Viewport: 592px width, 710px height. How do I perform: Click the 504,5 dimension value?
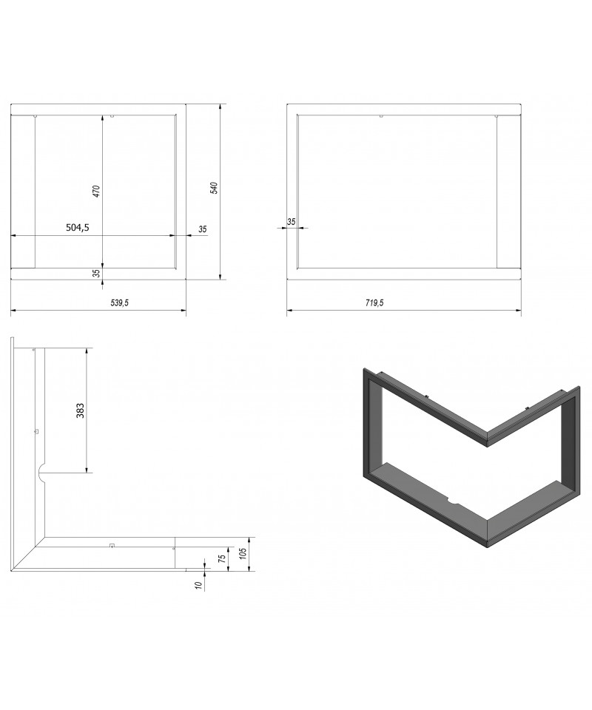pyautogui.click(x=78, y=228)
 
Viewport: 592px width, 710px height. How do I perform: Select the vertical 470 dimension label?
pyautogui.click(x=96, y=191)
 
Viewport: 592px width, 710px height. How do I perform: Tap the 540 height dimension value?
pyautogui.click(x=215, y=188)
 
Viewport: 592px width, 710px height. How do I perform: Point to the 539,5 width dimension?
pyautogui.click(x=120, y=303)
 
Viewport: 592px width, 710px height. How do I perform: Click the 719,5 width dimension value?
pyautogui.click(x=374, y=303)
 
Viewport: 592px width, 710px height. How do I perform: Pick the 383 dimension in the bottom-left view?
pyautogui.click(x=80, y=410)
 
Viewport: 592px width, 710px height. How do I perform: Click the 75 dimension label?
pyautogui.click(x=223, y=558)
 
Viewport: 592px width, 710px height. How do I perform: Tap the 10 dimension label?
pyautogui.click(x=198, y=586)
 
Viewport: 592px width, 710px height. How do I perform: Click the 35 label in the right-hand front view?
pyautogui.click(x=292, y=222)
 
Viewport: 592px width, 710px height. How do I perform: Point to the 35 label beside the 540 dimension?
pyautogui.click(x=203, y=229)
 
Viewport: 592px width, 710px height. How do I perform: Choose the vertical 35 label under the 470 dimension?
pyautogui.click(x=96, y=273)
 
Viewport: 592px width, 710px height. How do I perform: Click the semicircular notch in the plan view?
pyautogui.click(x=40, y=473)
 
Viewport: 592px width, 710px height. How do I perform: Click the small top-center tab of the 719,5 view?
pyautogui.click(x=381, y=117)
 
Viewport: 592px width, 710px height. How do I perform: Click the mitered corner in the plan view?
pyautogui.click(x=29, y=553)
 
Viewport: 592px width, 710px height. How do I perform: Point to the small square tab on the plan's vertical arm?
pyautogui.click(x=36, y=431)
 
